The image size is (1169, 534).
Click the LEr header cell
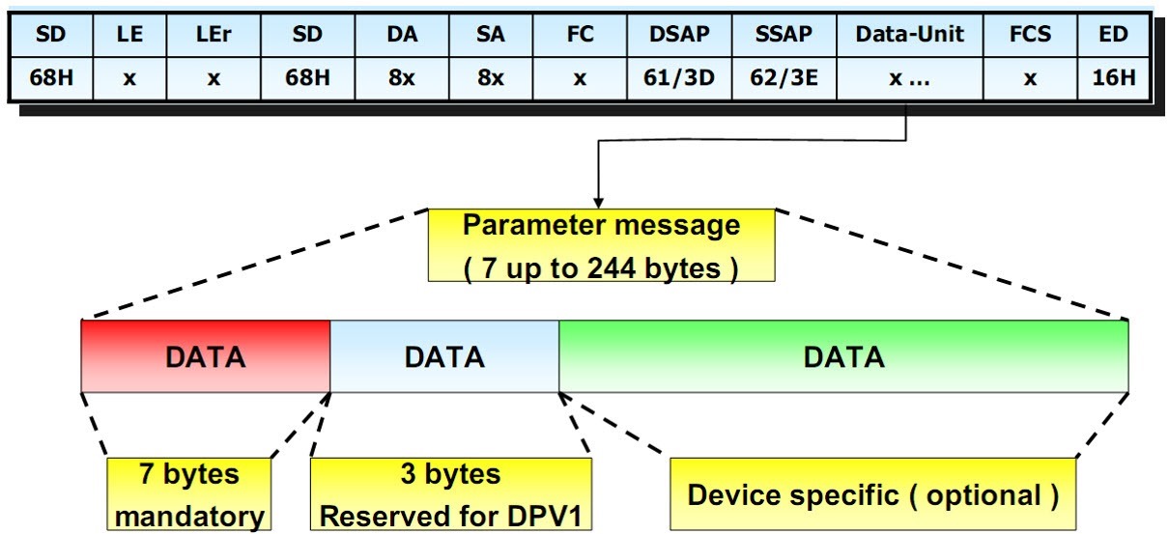tap(214, 35)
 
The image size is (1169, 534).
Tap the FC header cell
tap(579, 35)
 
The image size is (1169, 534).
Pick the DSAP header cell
tap(681, 35)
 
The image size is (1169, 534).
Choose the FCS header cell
tap(1030, 35)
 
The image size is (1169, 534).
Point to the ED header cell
tap(1114, 35)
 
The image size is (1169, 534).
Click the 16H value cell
tap(1114, 77)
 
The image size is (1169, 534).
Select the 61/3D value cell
tap(681, 77)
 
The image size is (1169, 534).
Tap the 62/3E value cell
tap(784, 77)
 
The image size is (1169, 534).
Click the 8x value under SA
tap(491, 77)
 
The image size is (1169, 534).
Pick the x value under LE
tap(129, 77)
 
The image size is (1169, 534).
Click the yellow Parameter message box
tap(601, 246)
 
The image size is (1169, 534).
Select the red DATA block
tap(206, 356)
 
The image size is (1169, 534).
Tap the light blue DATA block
tap(444, 356)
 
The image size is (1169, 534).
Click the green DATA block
tap(843, 356)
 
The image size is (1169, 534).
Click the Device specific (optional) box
tap(872, 494)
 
